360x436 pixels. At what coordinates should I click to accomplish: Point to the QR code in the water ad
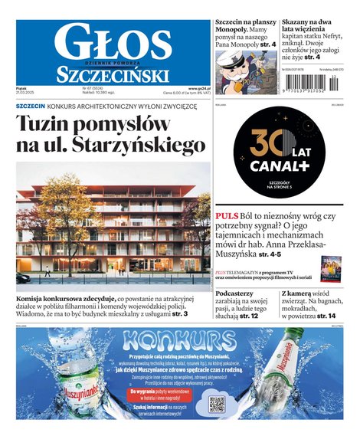(217, 405)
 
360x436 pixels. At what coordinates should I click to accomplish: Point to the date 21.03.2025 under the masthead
(27, 94)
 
